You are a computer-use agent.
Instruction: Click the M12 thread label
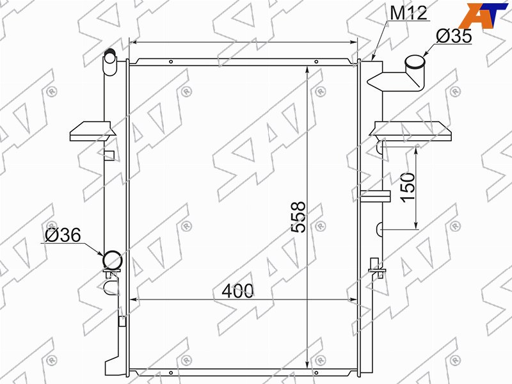[x=408, y=13]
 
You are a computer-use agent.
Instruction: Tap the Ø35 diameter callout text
[x=454, y=36]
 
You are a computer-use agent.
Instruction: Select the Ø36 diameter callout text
[x=63, y=235]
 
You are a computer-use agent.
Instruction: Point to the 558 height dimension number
[x=298, y=217]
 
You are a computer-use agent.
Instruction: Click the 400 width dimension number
[x=237, y=291]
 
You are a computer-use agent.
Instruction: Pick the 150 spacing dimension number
[x=408, y=188]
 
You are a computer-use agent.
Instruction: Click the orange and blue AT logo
[x=483, y=15]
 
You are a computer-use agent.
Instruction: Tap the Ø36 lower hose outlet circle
[x=113, y=260]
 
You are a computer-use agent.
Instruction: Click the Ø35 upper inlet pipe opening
[x=415, y=61]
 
